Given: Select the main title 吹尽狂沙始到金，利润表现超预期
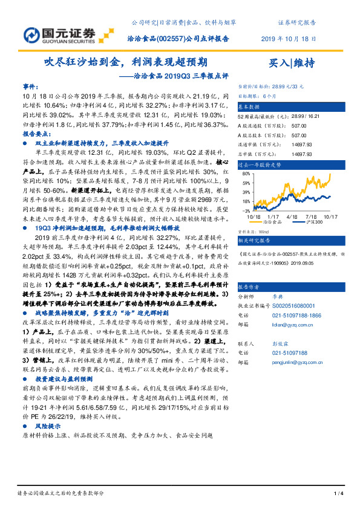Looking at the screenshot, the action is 126,62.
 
